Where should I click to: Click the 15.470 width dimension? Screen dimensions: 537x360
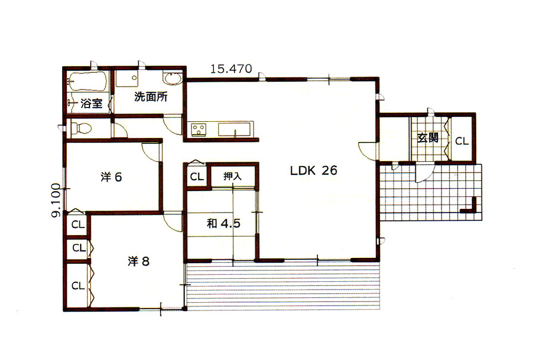click(231, 69)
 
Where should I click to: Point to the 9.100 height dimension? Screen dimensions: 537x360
click(56, 201)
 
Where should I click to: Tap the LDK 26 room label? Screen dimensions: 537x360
click(313, 170)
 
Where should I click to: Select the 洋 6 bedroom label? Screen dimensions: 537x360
click(112, 177)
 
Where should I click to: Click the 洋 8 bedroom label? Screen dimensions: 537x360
click(138, 261)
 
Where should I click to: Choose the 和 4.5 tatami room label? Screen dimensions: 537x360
click(223, 224)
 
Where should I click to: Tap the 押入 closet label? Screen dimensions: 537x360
click(232, 176)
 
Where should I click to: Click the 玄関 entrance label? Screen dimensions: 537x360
click(428, 138)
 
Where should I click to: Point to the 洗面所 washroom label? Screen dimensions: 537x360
click(151, 97)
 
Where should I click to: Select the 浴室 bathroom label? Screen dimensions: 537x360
click(91, 103)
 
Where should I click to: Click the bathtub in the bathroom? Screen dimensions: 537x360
click(87, 81)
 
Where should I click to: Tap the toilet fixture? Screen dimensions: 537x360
click(81, 129)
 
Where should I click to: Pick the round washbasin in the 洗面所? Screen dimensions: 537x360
click(172, 78)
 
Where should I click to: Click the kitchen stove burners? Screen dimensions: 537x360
click(199, 130)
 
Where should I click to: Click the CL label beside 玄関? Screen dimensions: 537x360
click(462, 141)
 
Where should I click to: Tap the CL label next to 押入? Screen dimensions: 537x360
click(196, 177)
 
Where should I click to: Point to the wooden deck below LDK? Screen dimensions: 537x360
click(283, 286)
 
